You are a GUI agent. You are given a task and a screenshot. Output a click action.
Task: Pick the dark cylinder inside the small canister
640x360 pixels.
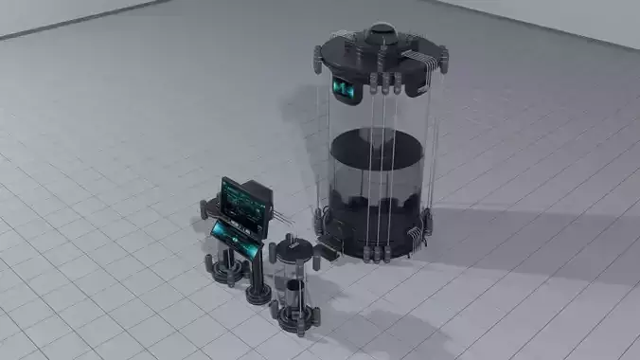[x=293, y=293]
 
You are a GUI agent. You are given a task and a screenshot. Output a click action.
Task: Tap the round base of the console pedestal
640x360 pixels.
[x=258, y=294]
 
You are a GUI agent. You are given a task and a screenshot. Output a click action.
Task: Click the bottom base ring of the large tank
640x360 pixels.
[x=374, y=248]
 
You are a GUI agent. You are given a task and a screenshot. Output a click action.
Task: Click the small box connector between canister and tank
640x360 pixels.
[x=328, y=252]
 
